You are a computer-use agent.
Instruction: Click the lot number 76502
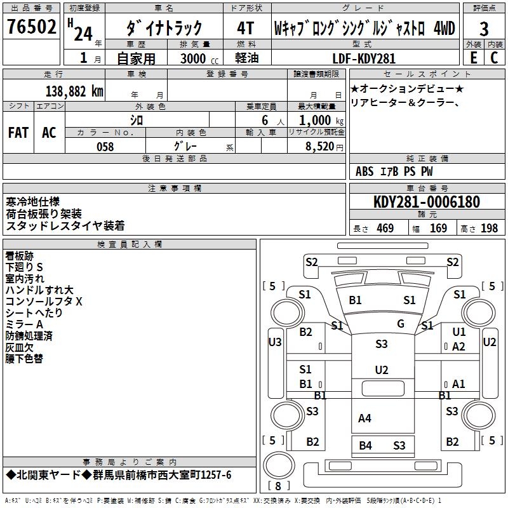point(31,29)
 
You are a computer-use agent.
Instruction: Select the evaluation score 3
point(484,29)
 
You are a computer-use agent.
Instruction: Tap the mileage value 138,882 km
point(74,91)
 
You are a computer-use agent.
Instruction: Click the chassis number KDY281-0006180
point(427,203)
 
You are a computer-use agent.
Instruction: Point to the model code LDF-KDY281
point(364,58)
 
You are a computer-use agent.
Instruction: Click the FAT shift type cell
point(18,132)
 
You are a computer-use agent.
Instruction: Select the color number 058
point(105,146)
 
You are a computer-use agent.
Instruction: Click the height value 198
point(489,228)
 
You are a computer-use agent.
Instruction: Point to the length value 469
point(383,228)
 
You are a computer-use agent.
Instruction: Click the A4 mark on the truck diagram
point(364,418)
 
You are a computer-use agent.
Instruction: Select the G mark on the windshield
point(401,324)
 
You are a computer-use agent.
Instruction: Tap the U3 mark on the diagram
point(275,342)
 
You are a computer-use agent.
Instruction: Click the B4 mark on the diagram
point(365,446)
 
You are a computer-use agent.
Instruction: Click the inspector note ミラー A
point(24,324)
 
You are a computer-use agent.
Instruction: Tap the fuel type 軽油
point(246,58)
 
